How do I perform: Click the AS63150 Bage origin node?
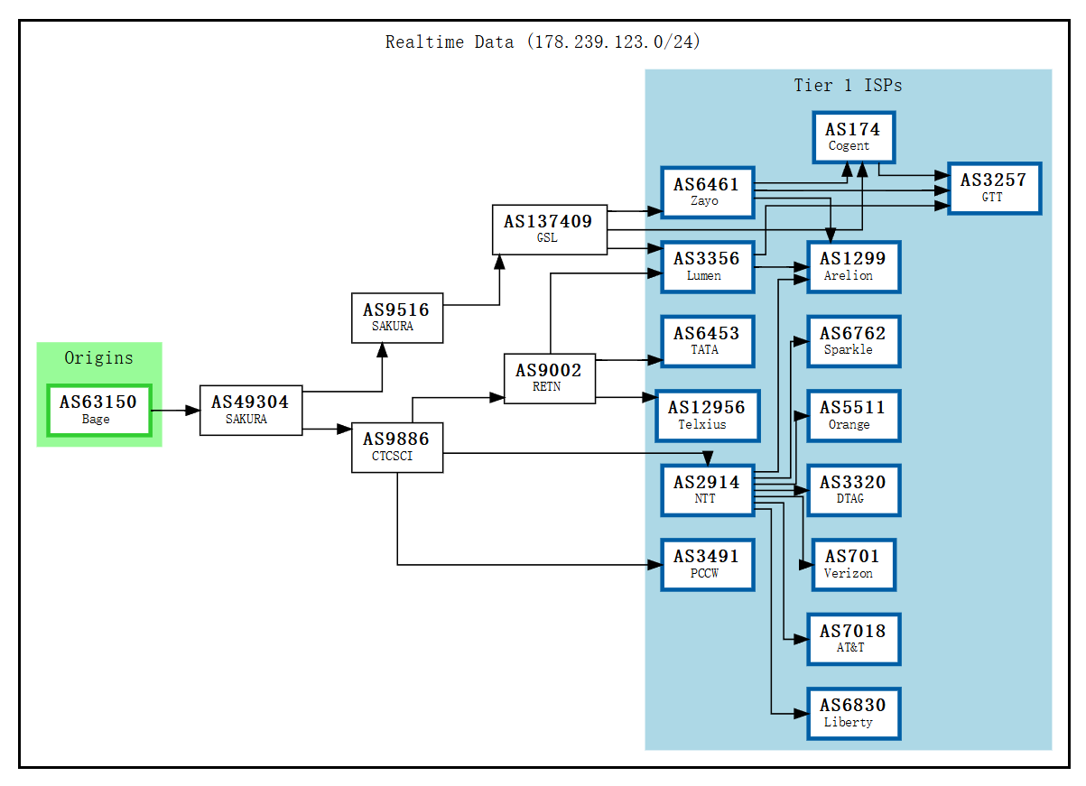click(x=99, y=410)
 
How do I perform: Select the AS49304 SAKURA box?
click(x=251, y=410)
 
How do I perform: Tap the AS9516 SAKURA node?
click(x=396, y=318)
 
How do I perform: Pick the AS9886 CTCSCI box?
click(x=396, y=447)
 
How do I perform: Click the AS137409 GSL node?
click(x=549, y=229)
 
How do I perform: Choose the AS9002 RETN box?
click(x=549, y=378)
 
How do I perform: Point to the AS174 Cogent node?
click(x=852, y=137)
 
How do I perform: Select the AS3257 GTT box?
click(x=993, y=189)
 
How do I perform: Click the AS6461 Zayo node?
click(x=707, y=192)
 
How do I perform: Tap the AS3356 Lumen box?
click(x=707, y=266)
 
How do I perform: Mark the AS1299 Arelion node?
click(x=853, y=266)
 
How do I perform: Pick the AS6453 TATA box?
click(x=707, y=341)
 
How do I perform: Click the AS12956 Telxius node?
click(x=707, y=415)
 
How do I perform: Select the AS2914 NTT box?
click(x=707, y=490)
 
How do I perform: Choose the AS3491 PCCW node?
click(x=707, y=564)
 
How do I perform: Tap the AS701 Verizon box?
click(x=853, y=564)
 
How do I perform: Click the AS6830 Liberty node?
click(x=853, y=713)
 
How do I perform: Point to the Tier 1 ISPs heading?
click(x=848, y=86)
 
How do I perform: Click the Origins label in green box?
click(x=98, y=358)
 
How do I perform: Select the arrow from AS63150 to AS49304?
click(x=175, y=411)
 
